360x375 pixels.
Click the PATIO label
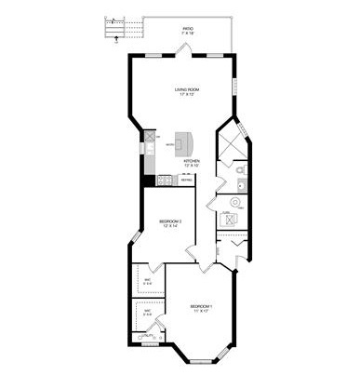189,30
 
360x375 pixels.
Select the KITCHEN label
192,160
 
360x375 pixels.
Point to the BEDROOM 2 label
170,221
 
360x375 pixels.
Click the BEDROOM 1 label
201,306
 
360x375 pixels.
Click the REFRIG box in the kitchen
187,179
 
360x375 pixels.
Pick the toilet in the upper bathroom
239,170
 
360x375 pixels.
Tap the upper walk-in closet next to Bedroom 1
147,281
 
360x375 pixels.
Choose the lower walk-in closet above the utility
147,314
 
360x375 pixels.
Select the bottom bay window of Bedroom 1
200,359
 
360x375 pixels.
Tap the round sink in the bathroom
240,186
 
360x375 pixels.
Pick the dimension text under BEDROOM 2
170,226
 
